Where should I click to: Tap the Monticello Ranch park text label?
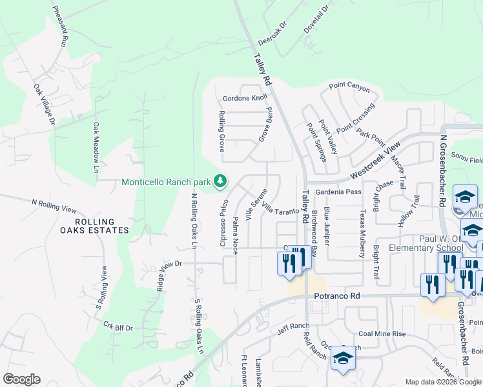(167, 181)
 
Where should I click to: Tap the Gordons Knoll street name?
(245, 98)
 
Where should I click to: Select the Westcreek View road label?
(375, 160)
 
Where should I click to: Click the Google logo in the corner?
(21, 379)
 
